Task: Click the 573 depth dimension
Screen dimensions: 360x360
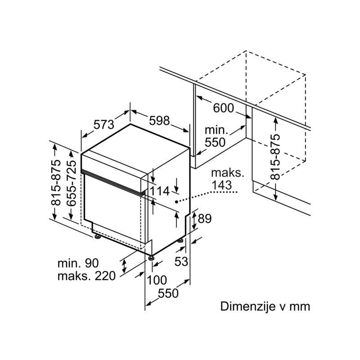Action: [x=104, y=125]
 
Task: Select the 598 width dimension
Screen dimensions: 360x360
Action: [x=159, y=121]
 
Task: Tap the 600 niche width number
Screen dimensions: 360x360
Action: [x=223, y=108]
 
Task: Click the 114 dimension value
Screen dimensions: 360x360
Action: [x=160, y=191]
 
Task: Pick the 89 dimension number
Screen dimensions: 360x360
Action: [x=205, y=219]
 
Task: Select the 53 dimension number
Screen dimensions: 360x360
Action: [x=181, y=261]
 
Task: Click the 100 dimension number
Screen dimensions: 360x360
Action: [x=157, y=280]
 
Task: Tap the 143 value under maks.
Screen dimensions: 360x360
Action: [x=222, y=185]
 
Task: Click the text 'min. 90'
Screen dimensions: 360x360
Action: [x=78, y=263]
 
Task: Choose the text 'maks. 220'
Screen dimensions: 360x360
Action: [x=86, y=276]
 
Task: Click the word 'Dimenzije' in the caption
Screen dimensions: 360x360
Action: [x=248, y=306]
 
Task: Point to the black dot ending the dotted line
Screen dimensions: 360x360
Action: [x=176, y=202]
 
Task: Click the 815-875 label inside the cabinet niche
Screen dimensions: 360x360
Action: [x=275, y=157]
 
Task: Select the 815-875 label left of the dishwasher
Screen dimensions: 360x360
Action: [x=56, y=183]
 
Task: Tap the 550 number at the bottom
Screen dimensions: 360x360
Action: [x=168, y=293]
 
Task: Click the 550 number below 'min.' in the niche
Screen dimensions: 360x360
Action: [x=215, y=142]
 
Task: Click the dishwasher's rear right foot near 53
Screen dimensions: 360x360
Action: [x=181, y=240]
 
